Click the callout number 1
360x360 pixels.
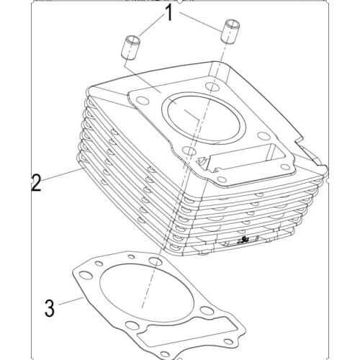pyautogui.click(x=170, y=12)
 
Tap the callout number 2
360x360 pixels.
pyautogui.click(x=35, y=181)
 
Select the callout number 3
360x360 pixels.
pyautogui.click(x=49, y=307)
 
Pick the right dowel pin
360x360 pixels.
pyautogui.click(x=232, y=33)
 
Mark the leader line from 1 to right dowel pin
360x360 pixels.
pyautogui.click(x=202, y=21)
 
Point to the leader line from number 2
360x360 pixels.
pyautogui.click(x=61, y=176)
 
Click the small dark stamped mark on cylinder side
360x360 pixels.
pyautogui.click(x=245, y=238)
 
